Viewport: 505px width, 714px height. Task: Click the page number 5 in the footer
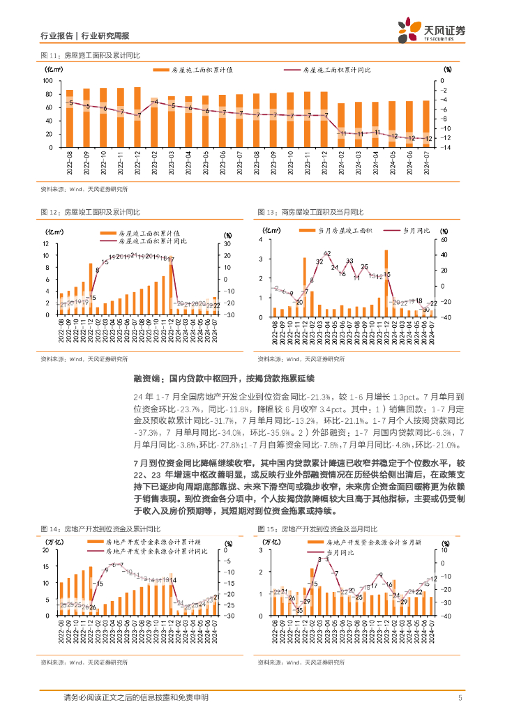(x=460, y=698)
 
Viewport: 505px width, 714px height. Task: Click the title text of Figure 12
(x=91, y=213)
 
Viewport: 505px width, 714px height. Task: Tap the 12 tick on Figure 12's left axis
(x=46, y=243)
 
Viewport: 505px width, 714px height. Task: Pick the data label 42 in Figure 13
(x=326, y=253)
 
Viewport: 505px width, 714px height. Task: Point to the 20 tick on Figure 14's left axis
(x=46, y=531)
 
